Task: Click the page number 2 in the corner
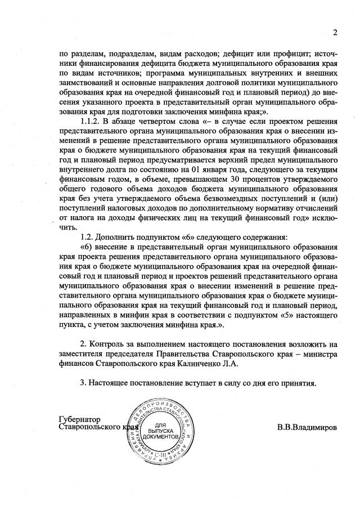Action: pos(334,32)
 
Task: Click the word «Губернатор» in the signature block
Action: pos(79,419)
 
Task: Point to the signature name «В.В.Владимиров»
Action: pos(307,427)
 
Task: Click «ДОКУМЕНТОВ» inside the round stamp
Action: pos(161,437)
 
